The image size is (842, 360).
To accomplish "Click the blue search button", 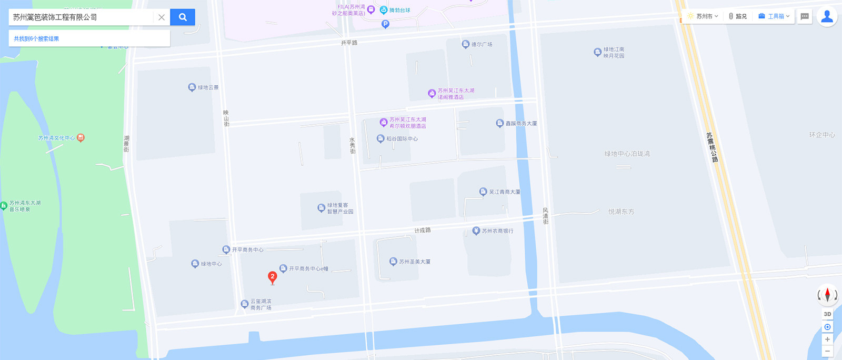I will [x=183, y=17].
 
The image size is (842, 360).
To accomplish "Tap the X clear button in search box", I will [x=162, y=17].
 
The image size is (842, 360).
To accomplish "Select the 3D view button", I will [x=827, y=314].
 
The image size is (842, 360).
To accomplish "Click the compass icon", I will [x=827, y=295].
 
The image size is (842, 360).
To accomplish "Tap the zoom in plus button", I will [x=827, y=339].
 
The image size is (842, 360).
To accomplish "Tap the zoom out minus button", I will [x=827, y=351].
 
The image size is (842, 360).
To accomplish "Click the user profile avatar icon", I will [x=827, y=16].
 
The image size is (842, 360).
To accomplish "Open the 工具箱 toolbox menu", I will [x=774, y=16].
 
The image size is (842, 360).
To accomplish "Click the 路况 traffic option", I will [x=738, y=16].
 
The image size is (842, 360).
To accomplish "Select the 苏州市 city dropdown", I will [x=703, y=16].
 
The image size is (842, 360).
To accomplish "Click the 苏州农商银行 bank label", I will [x=497, y=231].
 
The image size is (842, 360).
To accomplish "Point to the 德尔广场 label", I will [x=481, y=45].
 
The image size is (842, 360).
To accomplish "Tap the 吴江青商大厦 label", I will [x=504, y=192].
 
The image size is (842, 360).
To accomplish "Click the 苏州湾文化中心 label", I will [x=56, y=138].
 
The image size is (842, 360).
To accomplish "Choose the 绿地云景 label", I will [x=208, y=87].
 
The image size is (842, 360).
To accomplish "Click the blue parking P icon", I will [x=385, y=24].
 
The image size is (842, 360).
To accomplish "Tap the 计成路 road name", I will [x=423, y=231].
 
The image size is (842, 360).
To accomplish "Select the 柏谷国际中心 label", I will [x=402, y=139].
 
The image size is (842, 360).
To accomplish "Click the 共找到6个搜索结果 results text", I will [x=36, y=38].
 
